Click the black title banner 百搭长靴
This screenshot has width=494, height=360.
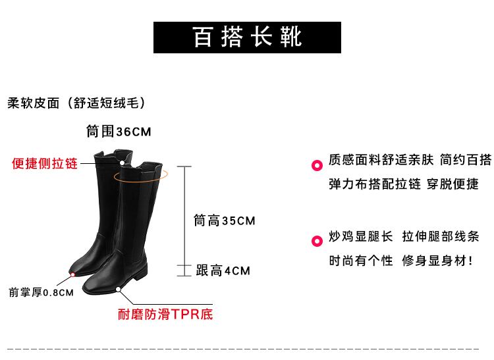248,37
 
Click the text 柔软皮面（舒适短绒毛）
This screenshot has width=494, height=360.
75,103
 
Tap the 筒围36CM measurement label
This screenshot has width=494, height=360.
119,132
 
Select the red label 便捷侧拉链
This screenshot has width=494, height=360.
45,163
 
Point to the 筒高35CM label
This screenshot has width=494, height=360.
224,221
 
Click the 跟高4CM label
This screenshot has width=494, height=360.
223,270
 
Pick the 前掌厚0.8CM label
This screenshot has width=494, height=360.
41,293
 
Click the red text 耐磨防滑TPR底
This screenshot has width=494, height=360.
165,315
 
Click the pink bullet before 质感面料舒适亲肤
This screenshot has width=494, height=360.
316,161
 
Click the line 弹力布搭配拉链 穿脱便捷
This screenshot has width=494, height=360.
404,184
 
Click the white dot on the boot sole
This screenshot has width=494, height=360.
119,288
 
